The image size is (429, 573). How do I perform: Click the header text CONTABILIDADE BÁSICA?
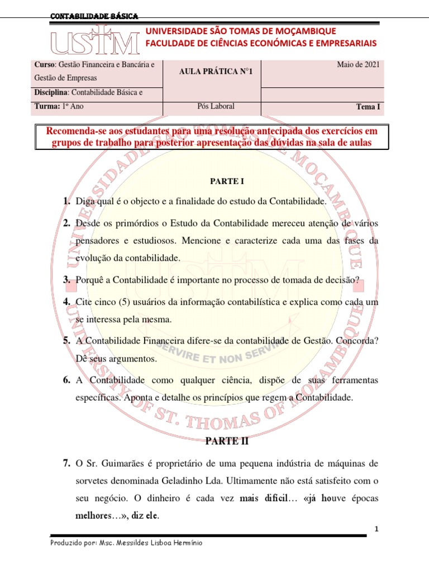click(x=94, y=16)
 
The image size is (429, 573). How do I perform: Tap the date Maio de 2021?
click(x=358, y=65)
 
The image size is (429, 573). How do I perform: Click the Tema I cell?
click(x=368, y=106)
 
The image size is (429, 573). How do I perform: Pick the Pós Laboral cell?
click(x=212, y=106)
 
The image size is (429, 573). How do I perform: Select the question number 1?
click(x=66, y=201)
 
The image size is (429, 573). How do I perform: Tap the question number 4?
click(x=66, y=302)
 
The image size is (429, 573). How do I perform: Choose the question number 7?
click(x=66, y=463)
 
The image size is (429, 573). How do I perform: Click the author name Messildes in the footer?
click(x=141, y=543)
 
